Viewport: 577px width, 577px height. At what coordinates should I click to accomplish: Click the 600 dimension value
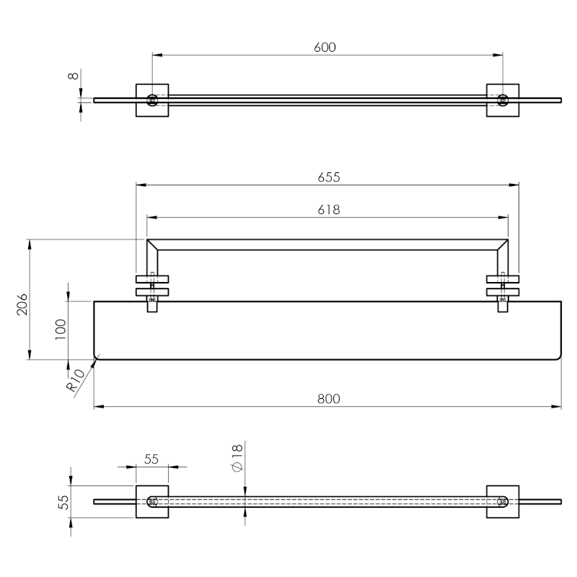tap(325, 48)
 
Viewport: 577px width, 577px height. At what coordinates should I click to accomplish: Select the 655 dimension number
tap(329, 177)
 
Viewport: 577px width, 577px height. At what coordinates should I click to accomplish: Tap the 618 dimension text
tap(329, 210)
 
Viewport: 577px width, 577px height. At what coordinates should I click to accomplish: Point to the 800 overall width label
tap(329, 399)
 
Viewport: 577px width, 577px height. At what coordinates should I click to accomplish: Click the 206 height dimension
tap(22, 304)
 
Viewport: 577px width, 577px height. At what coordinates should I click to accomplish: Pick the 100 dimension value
tap(61, 330)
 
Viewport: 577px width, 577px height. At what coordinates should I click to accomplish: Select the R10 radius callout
tap(75, 381)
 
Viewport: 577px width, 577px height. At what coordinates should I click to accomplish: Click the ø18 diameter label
tap(237, 458)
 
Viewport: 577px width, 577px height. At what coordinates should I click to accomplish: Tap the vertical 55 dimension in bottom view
tap(63, 502)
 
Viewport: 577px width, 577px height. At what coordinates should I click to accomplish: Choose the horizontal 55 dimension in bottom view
tap(151, 459)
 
